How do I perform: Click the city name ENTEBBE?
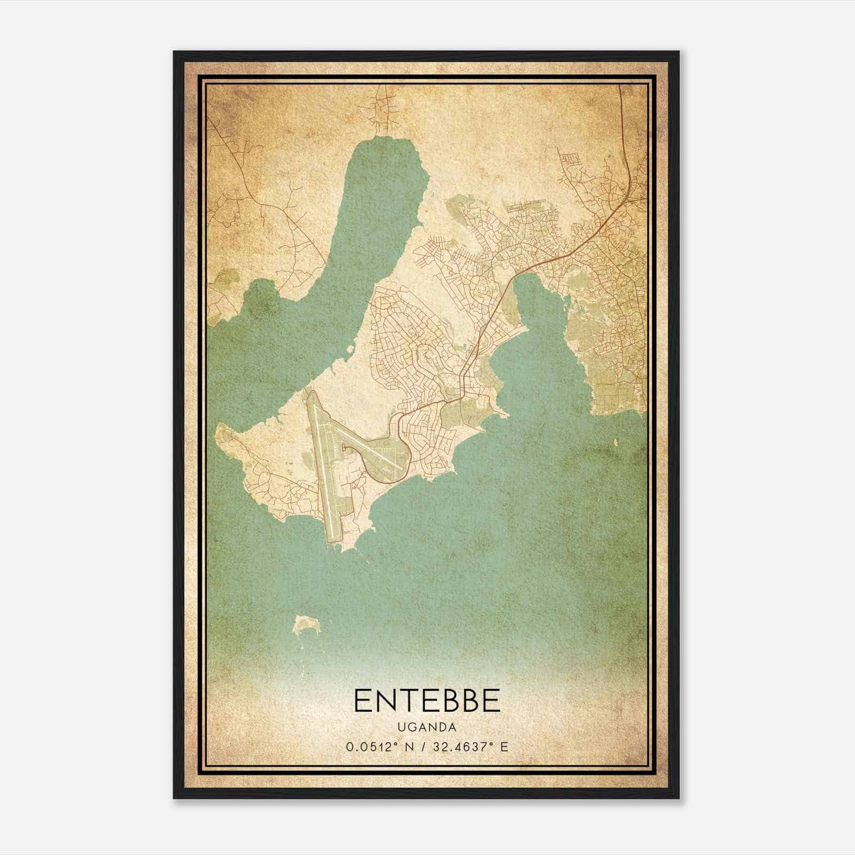[426, 700]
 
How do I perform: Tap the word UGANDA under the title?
[426, 727]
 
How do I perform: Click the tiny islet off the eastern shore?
[616, 442]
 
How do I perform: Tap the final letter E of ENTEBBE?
[491, 700]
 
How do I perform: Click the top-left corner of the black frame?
[174, 52]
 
